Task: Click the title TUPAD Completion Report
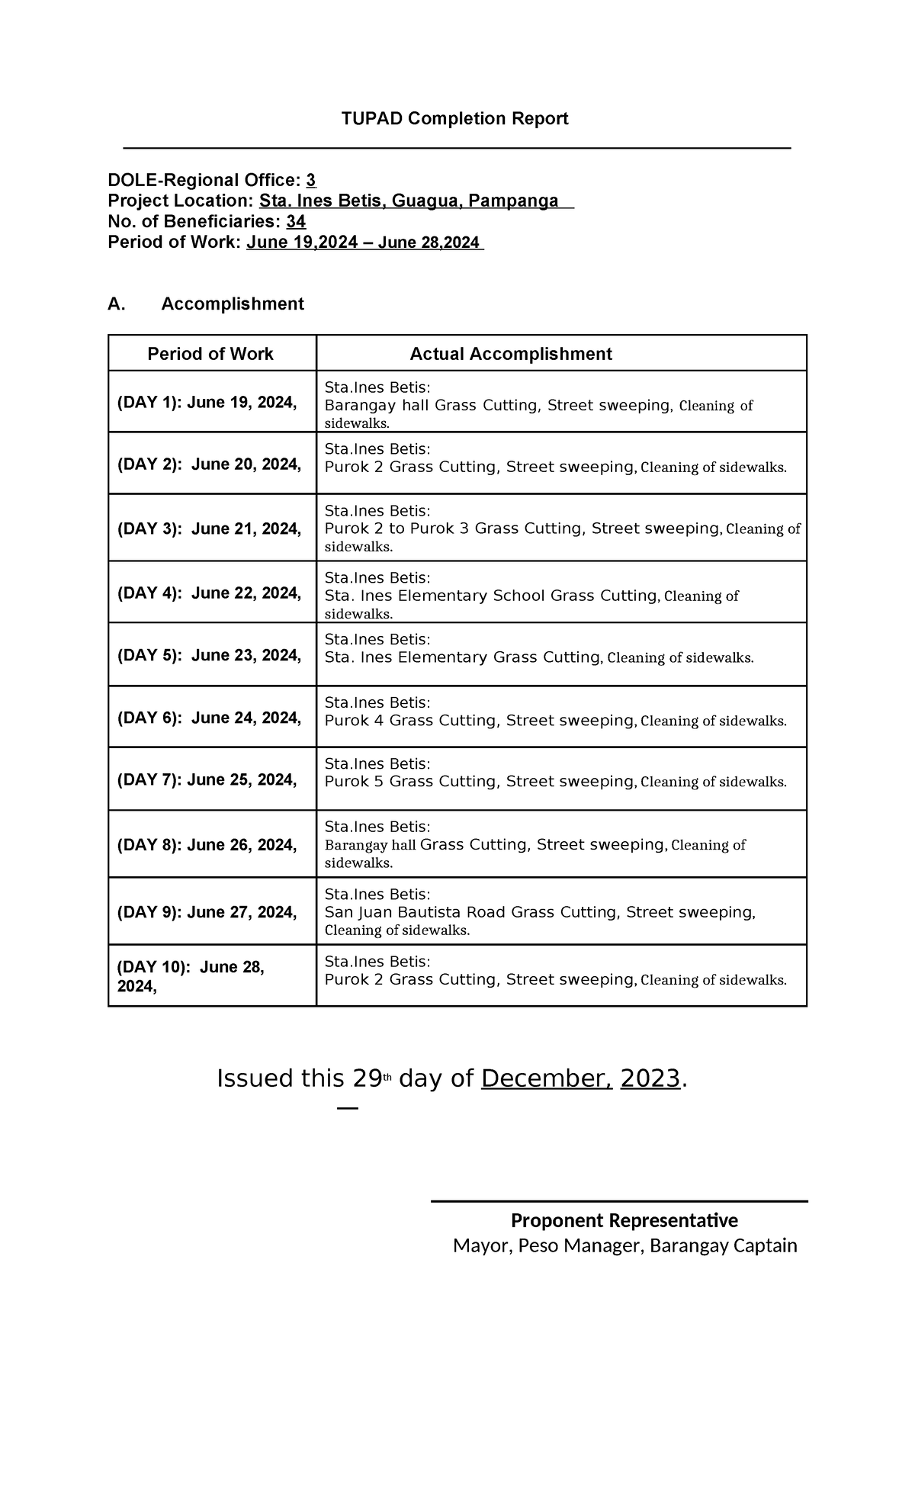(x=454, y=118)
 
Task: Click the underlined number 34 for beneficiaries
(x=296, y=222)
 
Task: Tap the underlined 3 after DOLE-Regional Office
(x=310, y=181)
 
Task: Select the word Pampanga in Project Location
(x=513, y=201)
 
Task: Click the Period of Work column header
(x=210, y=354)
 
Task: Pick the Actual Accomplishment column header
(x=511, y=354)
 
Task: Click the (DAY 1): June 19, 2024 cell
(x=207, y=403)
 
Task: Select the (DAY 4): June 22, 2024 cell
(x=209, y=593)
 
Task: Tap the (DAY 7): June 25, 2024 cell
(x=207, y=780)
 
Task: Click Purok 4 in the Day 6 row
(x=355, y=721)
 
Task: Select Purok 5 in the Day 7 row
(x=355, y=782)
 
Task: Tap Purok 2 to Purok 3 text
(x=396, y=529)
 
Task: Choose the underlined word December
(x=546, y=1079)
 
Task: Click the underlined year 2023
(x=650, y=1079)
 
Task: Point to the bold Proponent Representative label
(x=624, y=1221)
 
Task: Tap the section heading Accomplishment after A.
(x=233, y=304)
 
